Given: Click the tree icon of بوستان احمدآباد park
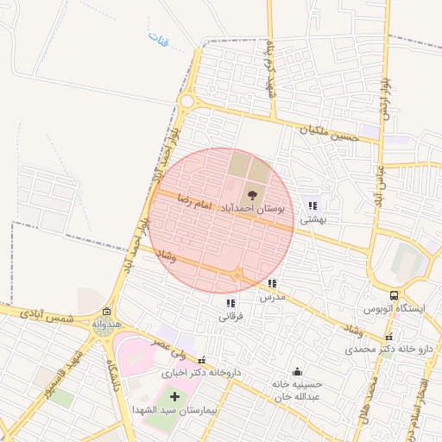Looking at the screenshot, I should (252, 195).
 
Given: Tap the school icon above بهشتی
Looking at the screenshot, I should (313, 205).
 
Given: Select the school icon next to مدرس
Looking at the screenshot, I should (272, 283).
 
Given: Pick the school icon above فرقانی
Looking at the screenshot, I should (230, 303).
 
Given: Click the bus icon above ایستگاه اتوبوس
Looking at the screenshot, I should (394, 295).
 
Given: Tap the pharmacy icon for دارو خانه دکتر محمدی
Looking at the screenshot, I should (389, 337).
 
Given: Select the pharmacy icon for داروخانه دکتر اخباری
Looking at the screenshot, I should (202, 361).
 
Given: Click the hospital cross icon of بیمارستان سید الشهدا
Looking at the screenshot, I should (175, 396).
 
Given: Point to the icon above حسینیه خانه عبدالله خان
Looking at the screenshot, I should (298, 371).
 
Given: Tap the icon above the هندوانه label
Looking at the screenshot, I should (106, 312).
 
